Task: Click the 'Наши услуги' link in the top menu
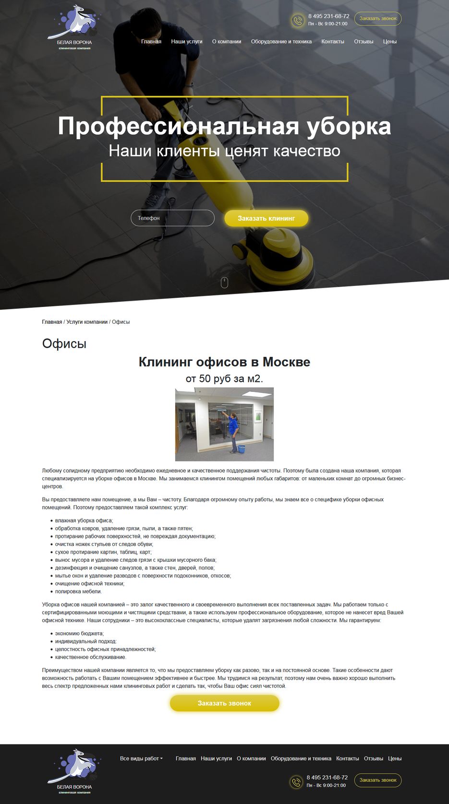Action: click(x=186, y=42)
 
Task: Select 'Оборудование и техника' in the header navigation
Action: click(x=281, y=42)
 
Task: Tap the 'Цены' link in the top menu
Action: click(x=389, y=42)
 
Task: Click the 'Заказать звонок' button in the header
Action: click(x=378, y=19)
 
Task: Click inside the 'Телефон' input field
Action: click(x=172, y=218)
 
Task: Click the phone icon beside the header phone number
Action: click(x=298, y=21)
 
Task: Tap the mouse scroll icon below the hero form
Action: click(x=224, y=283)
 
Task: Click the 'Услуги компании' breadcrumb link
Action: click(x=87, y=322)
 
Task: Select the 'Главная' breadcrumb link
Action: click(x=52, y=322)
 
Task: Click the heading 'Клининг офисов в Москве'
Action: click(x=224, y=362)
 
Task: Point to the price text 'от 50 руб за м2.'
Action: click(x=224, y=379)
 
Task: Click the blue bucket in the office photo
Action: click(x=241, y=449)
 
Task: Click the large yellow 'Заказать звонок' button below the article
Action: click(x=224, y=703)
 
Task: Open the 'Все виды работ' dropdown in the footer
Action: click(x=141, y=758)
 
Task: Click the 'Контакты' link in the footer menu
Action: click(x=347, y=758)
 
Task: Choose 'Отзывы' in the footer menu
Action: click(x=373, y=758)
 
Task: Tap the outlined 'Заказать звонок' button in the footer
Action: click(x=378, y=780)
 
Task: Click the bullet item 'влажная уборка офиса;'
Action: click(x=84, y=520)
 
